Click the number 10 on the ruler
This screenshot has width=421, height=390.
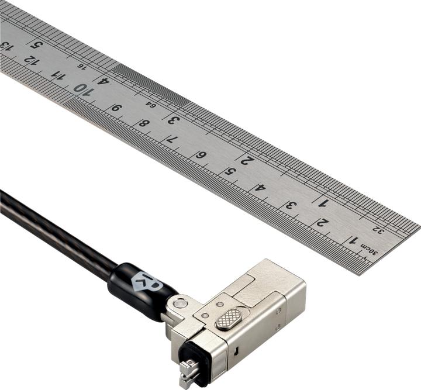pos(82,89)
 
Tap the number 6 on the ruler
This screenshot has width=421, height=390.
pos(200,155)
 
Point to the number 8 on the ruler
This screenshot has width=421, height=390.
pos(144,124)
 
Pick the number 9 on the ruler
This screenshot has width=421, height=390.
pos(116,108)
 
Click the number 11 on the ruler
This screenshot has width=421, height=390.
pos(58,75)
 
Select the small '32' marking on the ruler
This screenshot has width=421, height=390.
pos(379,230)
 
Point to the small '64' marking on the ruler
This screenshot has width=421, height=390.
pos(150,104)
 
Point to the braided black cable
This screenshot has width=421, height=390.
pos(53,234)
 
